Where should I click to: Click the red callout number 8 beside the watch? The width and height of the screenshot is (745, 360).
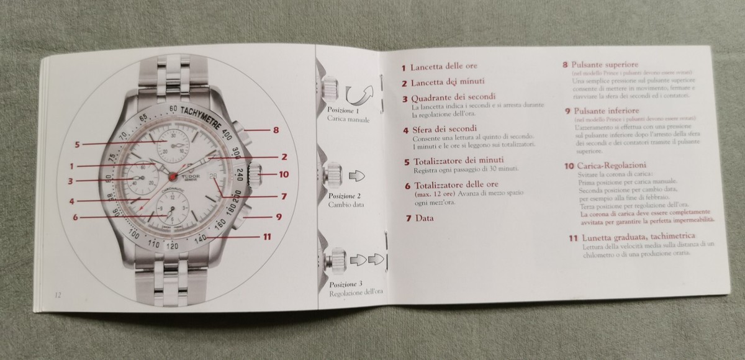276,130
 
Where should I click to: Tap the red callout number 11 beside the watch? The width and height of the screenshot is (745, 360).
266,236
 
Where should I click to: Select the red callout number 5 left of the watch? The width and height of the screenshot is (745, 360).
78,145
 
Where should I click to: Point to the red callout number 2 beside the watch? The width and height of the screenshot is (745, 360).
283,157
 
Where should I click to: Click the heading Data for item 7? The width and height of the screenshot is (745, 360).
425,218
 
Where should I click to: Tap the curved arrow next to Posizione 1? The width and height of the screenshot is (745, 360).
360,95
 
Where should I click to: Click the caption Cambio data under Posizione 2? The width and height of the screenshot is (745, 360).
346,204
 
